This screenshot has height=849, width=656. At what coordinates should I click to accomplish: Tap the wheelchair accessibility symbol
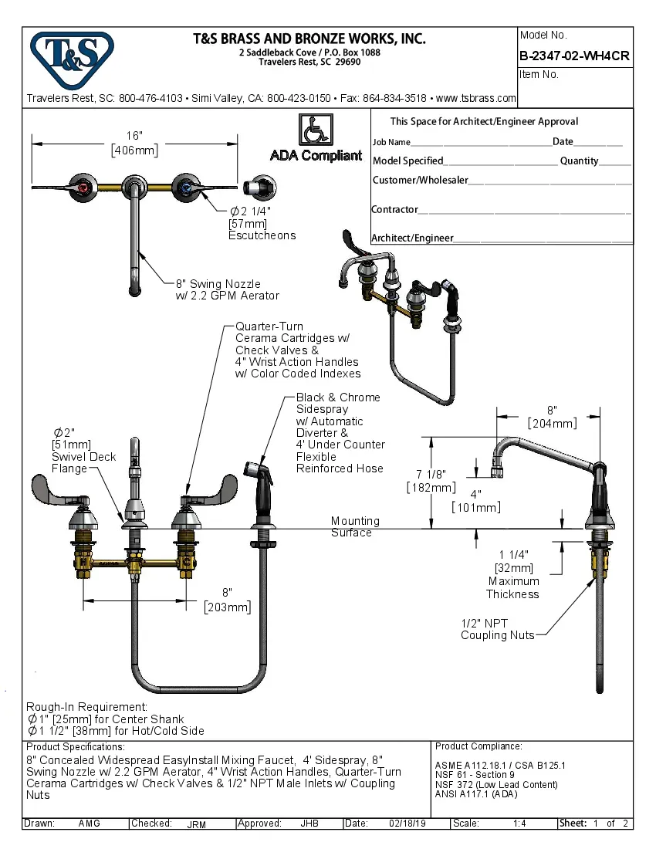point(316,130)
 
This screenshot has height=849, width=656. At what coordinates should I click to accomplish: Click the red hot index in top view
point(83,188)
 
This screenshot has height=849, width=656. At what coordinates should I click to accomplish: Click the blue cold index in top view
point(185,188)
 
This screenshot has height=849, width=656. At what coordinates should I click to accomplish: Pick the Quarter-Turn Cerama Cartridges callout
point(296,350)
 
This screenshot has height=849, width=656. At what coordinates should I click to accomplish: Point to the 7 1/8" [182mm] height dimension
point(430,480)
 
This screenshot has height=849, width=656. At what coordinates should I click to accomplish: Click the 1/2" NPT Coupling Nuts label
point(497,629)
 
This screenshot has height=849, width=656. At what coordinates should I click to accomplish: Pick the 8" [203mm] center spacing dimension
point(227,600)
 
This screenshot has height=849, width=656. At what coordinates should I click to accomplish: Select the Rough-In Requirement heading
point(86,706)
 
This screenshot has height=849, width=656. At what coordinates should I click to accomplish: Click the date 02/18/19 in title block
point(406,824)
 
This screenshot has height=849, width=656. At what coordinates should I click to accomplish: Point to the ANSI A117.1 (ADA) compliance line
point(476,794)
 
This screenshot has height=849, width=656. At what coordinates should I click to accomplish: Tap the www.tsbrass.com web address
point(475,98)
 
